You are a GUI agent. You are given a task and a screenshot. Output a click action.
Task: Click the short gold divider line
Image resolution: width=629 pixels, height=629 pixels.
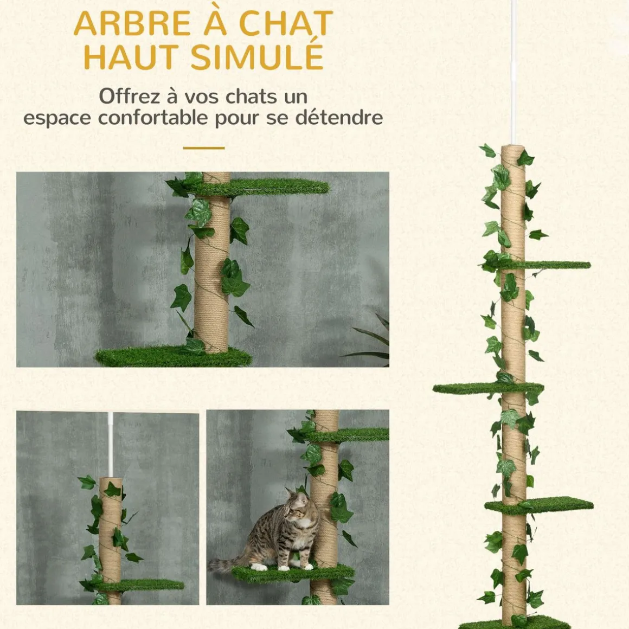click(204, 148)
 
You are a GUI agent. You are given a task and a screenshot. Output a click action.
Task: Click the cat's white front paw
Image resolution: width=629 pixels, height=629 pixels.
click(258, 567)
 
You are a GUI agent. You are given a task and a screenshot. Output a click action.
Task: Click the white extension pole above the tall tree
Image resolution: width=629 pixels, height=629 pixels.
click(513, 72)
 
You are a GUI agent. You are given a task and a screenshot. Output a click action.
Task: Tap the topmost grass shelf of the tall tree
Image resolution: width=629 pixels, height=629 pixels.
click(537, 265)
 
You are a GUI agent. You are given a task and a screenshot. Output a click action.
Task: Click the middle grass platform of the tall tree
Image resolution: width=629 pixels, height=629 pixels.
click(488, 388)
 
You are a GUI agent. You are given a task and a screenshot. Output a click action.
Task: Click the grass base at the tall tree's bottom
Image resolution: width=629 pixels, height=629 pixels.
click(514, 625)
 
